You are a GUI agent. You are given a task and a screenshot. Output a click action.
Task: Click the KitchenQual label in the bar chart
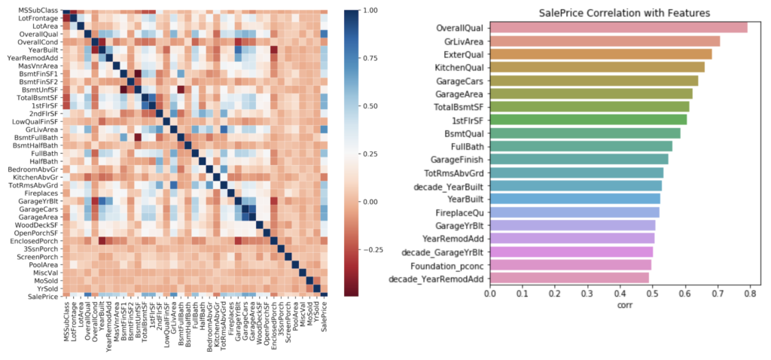click(459, 67)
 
